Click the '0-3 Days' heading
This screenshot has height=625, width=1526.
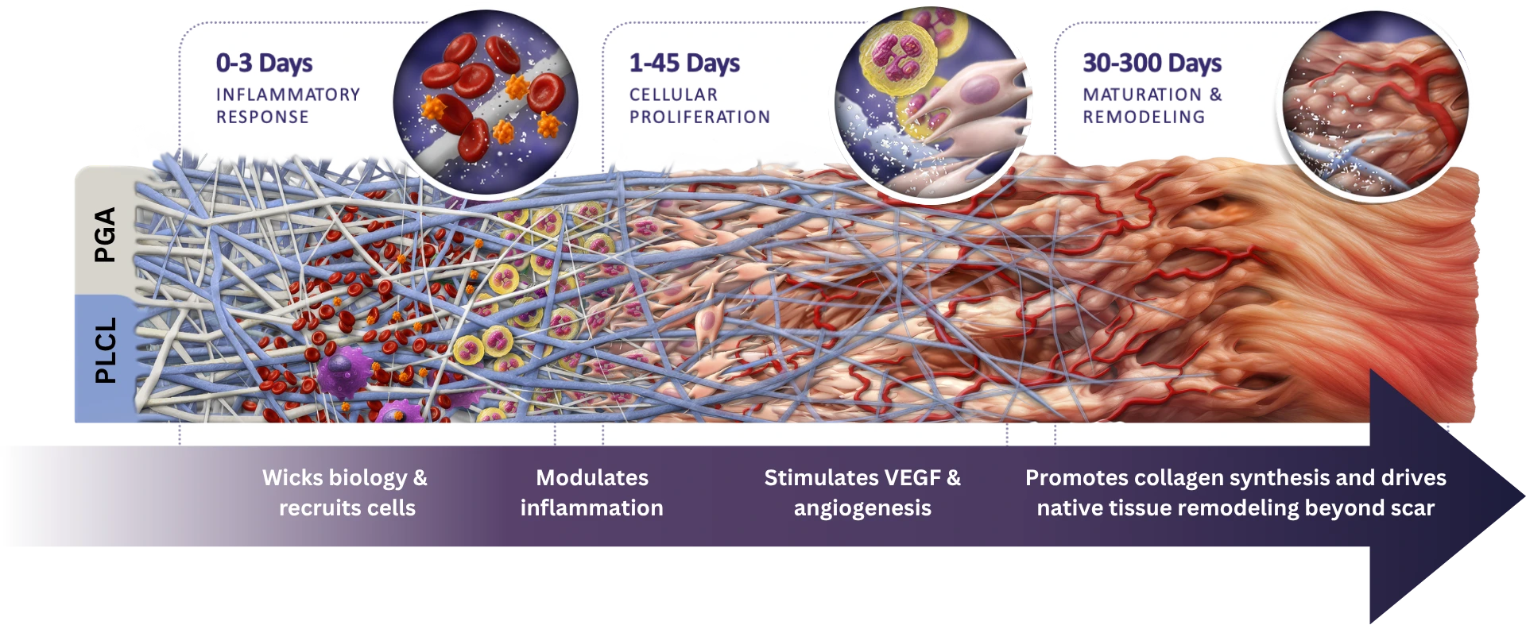(x=264, y=63)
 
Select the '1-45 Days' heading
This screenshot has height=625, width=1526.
(x=684, y=63)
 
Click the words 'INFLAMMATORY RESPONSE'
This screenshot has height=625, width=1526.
(x=288, y=106)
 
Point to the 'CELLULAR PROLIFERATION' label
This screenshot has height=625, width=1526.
(x=699, y=106)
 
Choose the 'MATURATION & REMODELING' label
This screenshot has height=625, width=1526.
(x=1152, y=106)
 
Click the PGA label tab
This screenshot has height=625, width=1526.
(x=104, y=234)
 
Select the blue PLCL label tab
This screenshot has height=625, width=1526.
(x=104, y=350)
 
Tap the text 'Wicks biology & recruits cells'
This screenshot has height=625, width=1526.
(x=346, y=492)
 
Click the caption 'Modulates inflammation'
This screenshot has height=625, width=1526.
(x=591, y=492)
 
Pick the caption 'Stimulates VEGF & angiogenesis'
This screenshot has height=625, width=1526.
(x=862, y=492)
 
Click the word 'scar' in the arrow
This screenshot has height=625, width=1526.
(x=1412, y=508)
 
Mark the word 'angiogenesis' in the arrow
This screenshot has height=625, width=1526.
(x=862, y=508)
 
